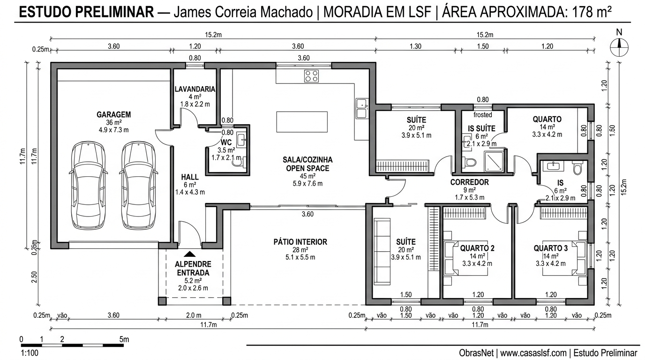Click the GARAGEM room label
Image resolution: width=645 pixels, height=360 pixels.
click(x=113, y=114)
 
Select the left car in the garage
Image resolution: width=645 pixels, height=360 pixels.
click(x=88, y=186)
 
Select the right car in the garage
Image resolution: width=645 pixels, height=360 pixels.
click(x=138, y=186)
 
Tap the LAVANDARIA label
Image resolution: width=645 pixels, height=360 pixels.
click(x=195, y=89)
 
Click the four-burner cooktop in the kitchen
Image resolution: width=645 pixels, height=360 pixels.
click(x=311, y=75)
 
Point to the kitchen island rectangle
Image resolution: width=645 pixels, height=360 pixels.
click(x=302, y=122)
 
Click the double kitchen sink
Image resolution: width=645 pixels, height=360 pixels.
click(x=361, y=109)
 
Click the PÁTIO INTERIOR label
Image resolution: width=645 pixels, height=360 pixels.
click(x=300, y=242)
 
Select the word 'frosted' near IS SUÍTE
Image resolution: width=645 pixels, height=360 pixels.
click(x=483, y=115)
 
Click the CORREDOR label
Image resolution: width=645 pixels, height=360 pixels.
click(x=470, y=182)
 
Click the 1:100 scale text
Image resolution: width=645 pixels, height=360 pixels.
click(x=30, y=352)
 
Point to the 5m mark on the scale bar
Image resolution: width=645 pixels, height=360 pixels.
click(x=124, y=339)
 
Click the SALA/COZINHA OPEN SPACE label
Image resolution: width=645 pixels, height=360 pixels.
click(x=307, y=164)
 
